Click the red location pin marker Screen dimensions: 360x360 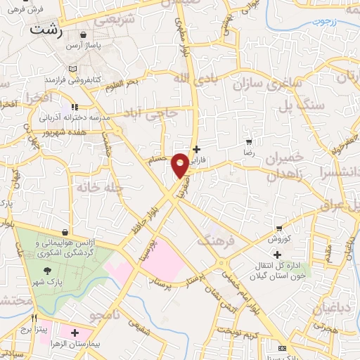coord(180,165)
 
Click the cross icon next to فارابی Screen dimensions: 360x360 coord(196,149)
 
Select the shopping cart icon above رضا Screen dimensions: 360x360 coord(248,142)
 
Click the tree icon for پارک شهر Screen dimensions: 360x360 coord(47,271)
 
